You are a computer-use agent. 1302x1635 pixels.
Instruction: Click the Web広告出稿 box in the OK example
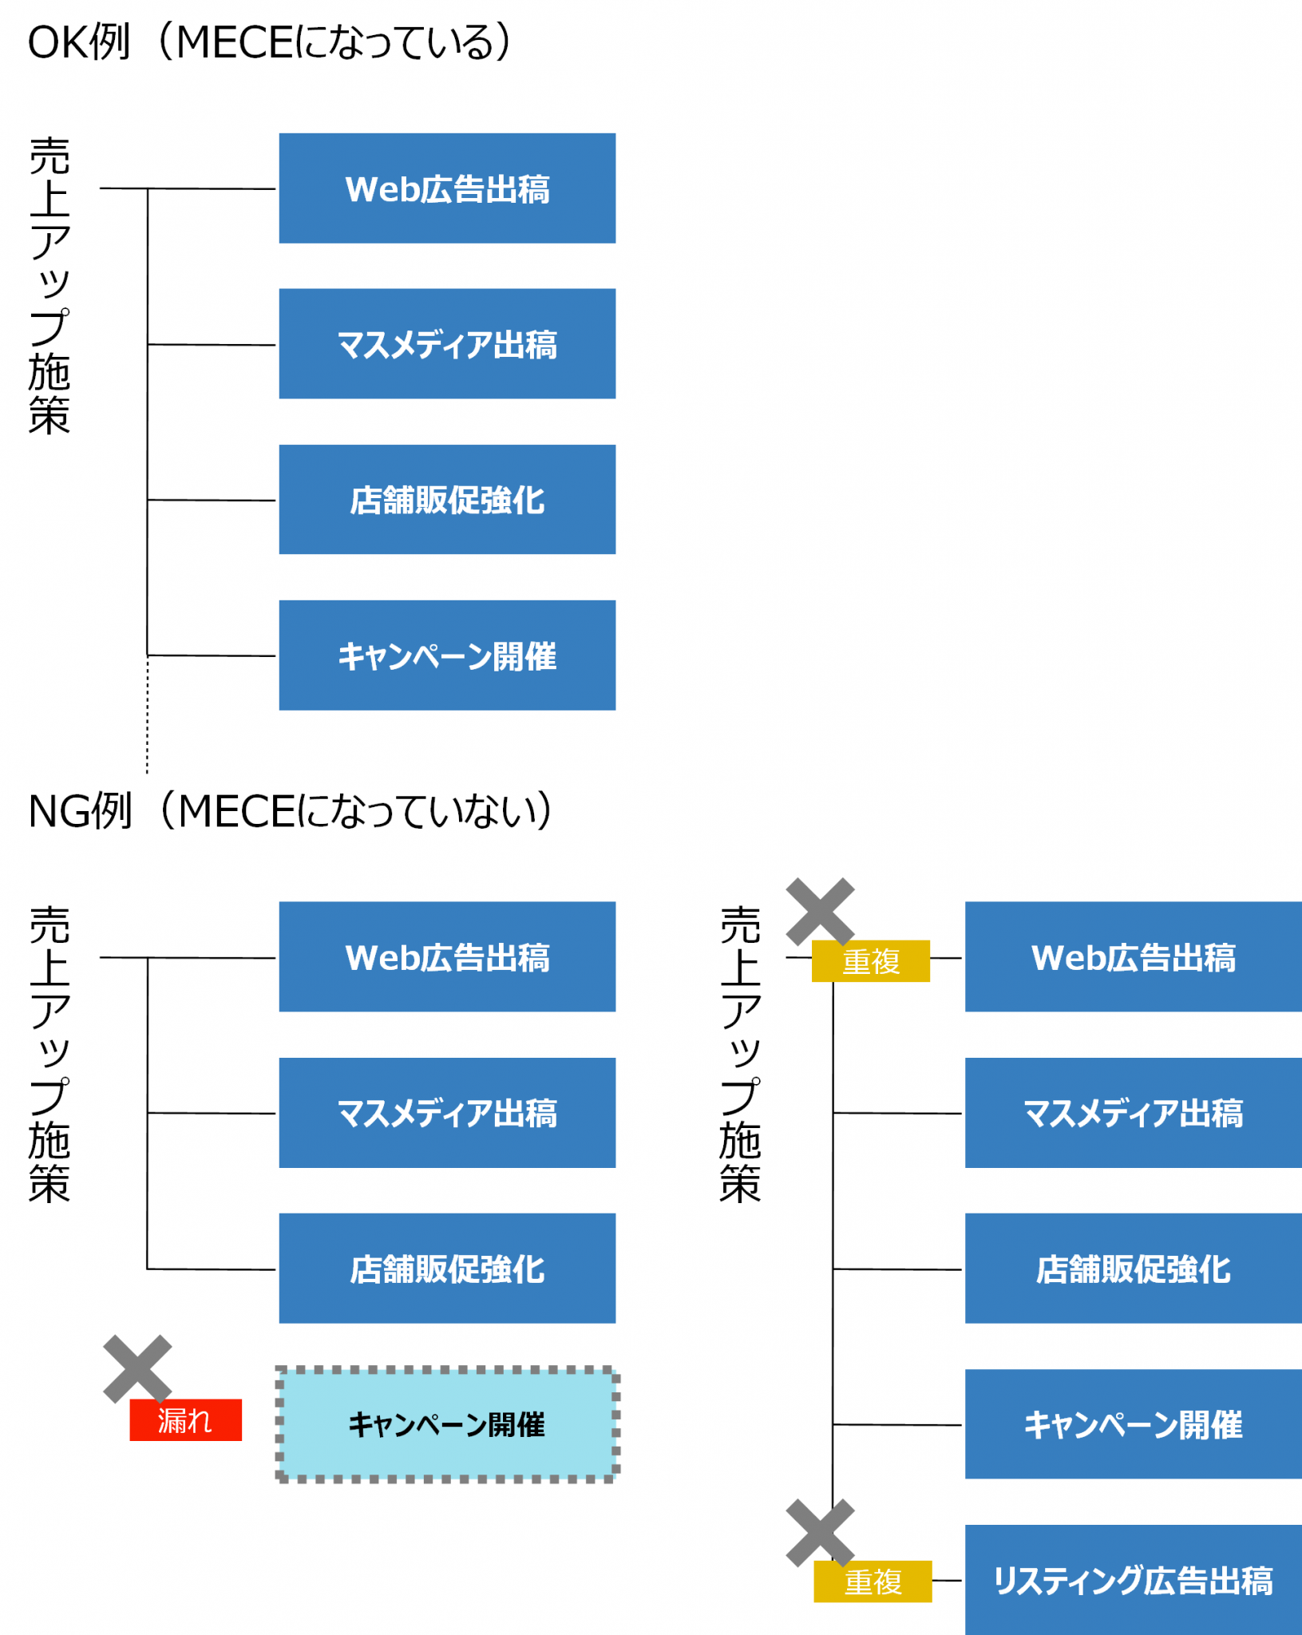[x=447, y=188]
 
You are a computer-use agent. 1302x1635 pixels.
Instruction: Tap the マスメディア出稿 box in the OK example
[x=447, y=344]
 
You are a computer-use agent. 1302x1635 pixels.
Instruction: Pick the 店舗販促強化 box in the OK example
[x=447, y=500]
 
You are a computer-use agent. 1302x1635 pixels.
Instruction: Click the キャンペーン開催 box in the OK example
[x=447, y=655]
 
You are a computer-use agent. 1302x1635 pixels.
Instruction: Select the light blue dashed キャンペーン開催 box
[x=447, y=1424]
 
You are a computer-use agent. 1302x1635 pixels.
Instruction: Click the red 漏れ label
[x=185, y=1420]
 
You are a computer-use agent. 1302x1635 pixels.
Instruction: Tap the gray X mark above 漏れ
[x=137, y=1368]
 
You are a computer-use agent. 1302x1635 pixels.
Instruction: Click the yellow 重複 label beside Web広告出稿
[x=870, y=961]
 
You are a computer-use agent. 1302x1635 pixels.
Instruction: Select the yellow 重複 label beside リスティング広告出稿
[x=873, y=1582]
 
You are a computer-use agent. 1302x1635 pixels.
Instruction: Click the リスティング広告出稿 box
[x=1133, y=1580]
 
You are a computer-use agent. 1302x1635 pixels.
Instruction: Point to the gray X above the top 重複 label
[x=820, y=912]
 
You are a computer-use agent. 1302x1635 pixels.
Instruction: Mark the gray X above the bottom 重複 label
[x=820, y=1533]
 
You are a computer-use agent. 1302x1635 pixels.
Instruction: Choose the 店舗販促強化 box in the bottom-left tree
[x=447, y=1269]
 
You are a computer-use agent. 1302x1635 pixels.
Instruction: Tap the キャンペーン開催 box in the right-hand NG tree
[x=1133, y=1424]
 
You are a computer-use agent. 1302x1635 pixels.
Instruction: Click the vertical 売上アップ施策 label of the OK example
[x=49, y=286]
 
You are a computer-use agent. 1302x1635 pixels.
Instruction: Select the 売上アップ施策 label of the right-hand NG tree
[x=740, y=1054]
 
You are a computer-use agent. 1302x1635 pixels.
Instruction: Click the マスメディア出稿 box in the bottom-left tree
[x=447, y=1113]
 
